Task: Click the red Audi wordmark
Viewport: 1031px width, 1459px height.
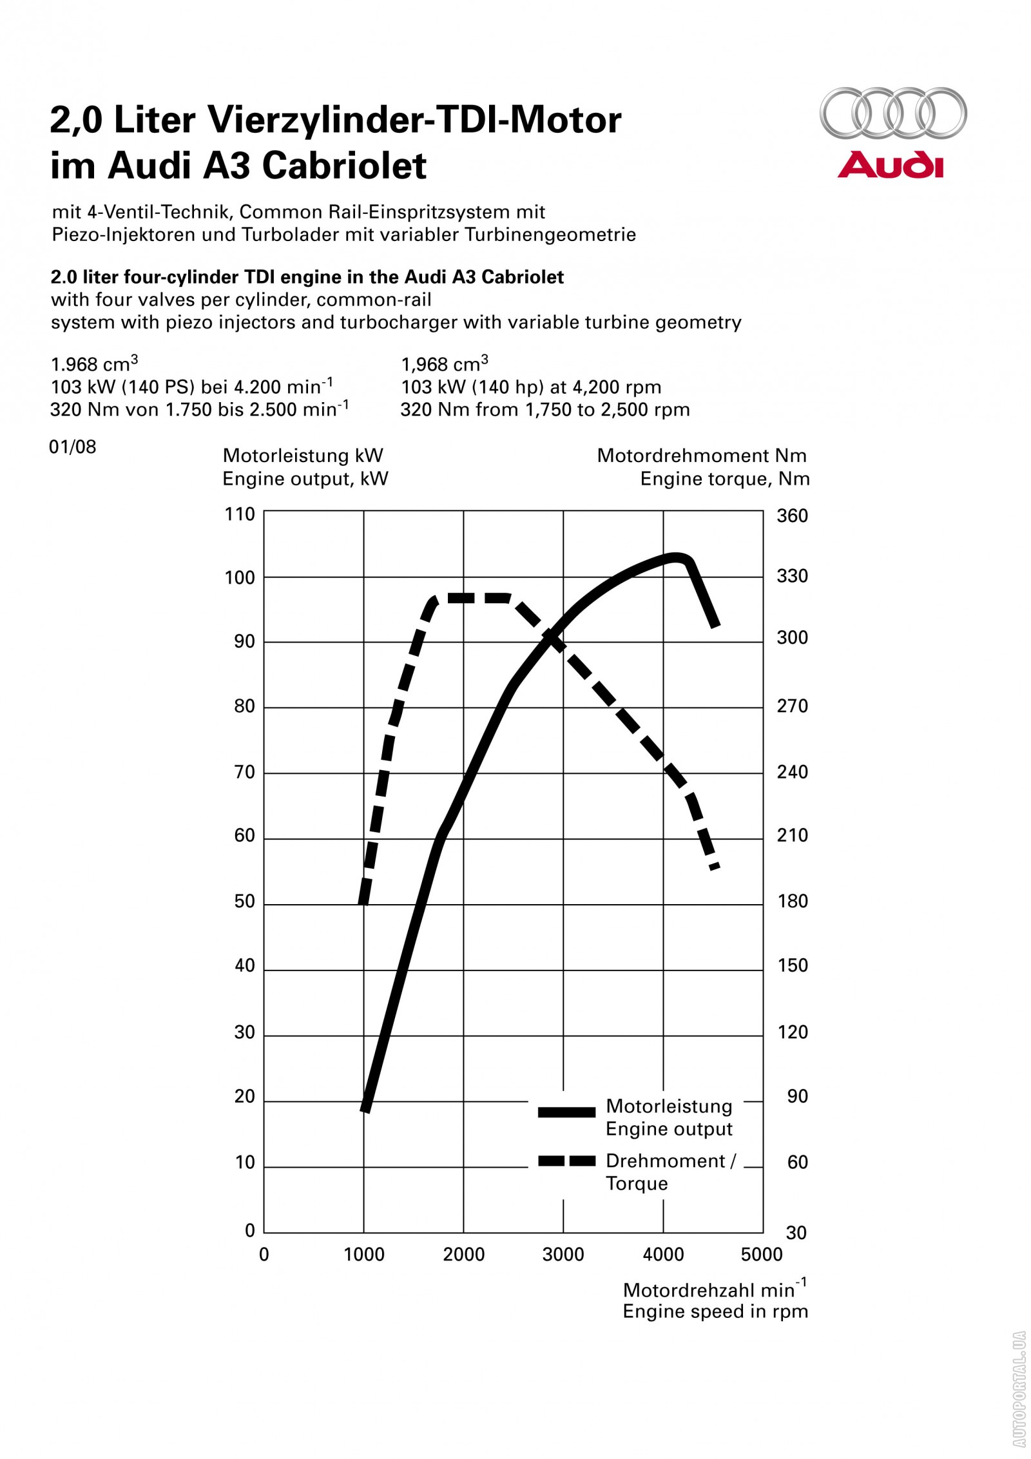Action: point(890,165)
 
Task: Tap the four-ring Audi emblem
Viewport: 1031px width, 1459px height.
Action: point(892,113)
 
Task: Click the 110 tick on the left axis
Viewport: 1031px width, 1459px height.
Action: point(240,514)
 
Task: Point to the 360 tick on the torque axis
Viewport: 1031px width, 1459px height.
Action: point(792,516)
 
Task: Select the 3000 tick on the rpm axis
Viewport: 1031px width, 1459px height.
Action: point(563,1254)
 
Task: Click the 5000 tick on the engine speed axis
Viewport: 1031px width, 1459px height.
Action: point(762,1254)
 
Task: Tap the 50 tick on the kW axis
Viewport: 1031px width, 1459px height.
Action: point(244,901)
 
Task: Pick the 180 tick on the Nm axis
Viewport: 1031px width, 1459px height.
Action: point(793,901)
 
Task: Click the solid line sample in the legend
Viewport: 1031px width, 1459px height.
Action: point(566,1112)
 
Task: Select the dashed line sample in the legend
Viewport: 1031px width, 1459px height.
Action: point(566,1161)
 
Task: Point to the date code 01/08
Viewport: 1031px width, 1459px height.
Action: point(72,447)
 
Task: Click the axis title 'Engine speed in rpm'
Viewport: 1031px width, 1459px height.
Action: point(715,1311)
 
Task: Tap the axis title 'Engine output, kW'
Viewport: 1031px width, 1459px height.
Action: point(305,479)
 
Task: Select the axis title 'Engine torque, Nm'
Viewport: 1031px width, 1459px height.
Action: point(725,479)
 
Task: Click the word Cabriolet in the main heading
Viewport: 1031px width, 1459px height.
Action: point(344,166)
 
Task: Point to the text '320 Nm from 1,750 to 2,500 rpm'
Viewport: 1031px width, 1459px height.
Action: point(545,410)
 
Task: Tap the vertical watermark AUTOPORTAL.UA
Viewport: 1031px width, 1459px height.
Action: point(1019,1392)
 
